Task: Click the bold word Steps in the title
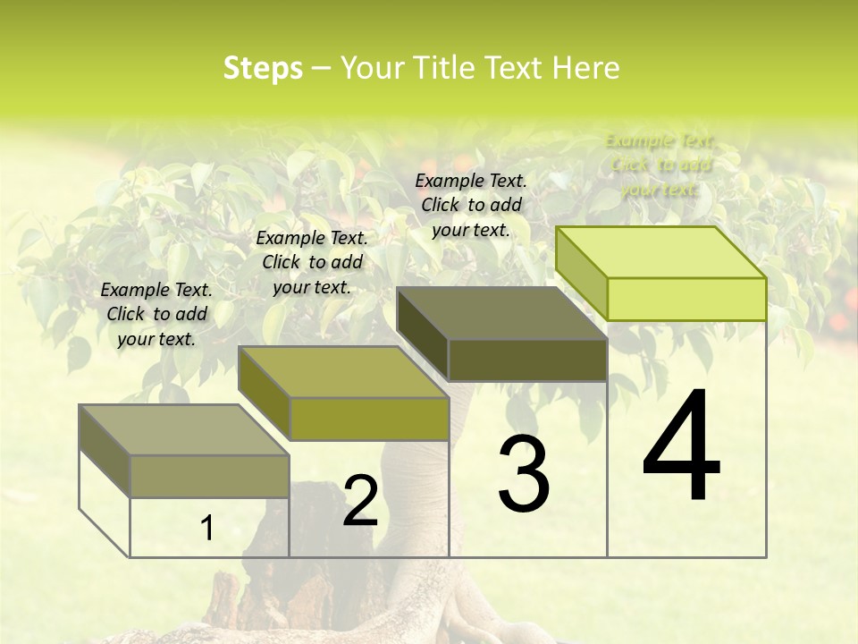(x=263, y=68)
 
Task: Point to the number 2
(x=360, y=501)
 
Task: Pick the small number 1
(x=206, y=528)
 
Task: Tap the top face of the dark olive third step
(x=500, y=313)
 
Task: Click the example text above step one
(x=156, y=314)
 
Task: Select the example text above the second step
(x=312, y=262)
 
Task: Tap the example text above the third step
(x=471, y=205)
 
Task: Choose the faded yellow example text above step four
(x=660, y=165)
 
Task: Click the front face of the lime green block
(x=686, y=299)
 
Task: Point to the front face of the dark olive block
(x=527, y=360)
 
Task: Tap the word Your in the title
(x=369, y=68)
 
